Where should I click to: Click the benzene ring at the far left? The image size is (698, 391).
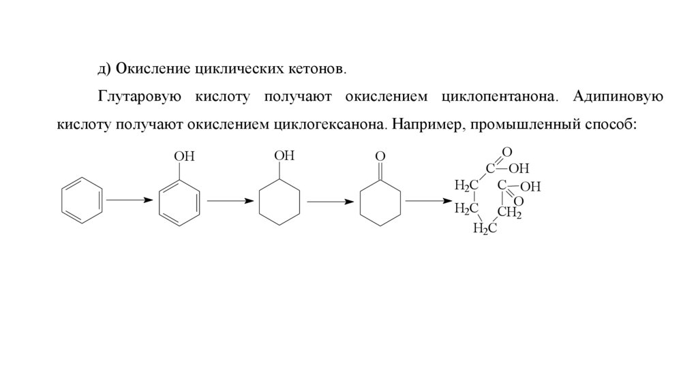(x=82, y=200)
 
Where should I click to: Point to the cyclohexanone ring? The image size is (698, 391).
(x=380, y=202)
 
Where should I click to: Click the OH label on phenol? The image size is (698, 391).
(x=185, y=157)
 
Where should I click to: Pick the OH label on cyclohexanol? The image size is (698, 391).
(x=284, y=156)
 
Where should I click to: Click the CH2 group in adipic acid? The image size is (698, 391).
(x=509, y=214)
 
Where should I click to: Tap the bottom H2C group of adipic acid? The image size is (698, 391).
(x=485, y=228)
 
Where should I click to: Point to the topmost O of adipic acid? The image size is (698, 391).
(x=506, y=151)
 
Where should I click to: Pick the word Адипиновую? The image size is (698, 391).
(x=618, y=97)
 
